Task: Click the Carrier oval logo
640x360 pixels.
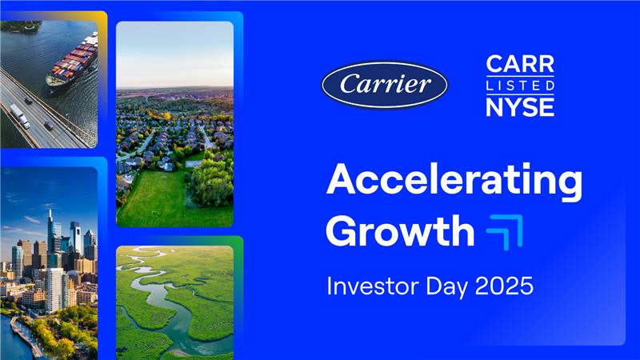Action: (385, 85)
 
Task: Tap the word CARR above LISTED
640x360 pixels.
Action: (520, 65)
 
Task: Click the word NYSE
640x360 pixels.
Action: (520, 106)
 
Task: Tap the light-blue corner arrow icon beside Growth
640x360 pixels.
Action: (506, 231)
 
